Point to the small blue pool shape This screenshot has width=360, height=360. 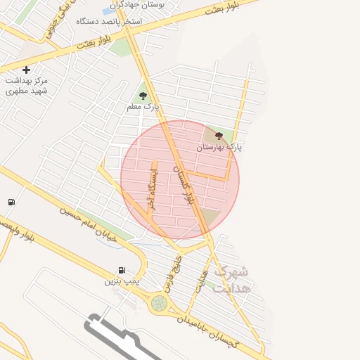point(110,11)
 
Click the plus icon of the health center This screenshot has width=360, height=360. point(26,70)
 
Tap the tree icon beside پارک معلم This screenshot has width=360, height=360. point(143,96)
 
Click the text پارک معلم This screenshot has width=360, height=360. point(143,107)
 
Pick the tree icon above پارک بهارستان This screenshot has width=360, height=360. point(218,136)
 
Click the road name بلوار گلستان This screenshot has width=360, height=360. point(181,179)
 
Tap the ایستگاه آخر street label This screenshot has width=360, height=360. point(150,188)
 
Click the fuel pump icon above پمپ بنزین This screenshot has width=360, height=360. point(122,270)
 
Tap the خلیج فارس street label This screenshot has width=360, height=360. point(172,275)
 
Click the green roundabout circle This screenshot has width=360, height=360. point(160,303)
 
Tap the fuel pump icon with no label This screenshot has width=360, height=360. point(11,202)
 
